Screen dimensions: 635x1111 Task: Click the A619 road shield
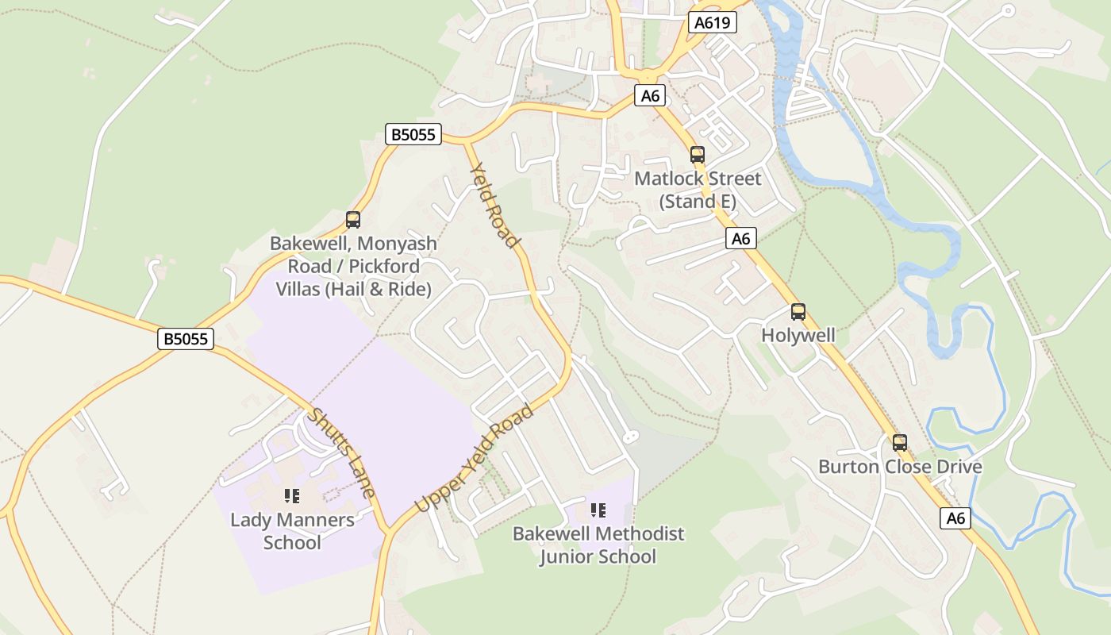(x=712, y=22)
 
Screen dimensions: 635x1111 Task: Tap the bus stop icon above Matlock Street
(x=698, y=155)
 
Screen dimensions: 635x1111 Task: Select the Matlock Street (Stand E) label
(x=698, y=190)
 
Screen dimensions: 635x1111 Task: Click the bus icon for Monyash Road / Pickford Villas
(x=353, y=220)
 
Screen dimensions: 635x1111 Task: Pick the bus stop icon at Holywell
(x=798, y=312)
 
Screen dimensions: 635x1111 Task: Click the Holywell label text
(x=798, y=335)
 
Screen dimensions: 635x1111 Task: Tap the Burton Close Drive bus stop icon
(x=899, y=443)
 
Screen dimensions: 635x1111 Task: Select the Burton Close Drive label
(x=900, y=466)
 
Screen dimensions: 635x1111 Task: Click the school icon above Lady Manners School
(x=292, y=496)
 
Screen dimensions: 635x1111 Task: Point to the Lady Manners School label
(x=292, y=531)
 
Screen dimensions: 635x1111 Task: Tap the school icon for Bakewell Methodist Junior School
(x=598, y=510)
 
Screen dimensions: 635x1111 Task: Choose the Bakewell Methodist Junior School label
(x=598, y=545)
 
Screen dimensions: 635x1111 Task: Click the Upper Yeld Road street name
(x=475, y=459)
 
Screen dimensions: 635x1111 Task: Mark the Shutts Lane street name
(x=342, y=452)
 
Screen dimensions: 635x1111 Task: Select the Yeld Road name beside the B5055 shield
(x=494, y=205)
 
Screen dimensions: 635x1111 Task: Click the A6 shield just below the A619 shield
(x=650, y=96)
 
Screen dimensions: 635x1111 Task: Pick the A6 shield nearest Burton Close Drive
(x=956, y=518)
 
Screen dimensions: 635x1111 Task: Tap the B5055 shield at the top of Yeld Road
(x=413, y=134)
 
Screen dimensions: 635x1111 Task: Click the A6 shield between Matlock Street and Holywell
(x=740, y=238)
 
